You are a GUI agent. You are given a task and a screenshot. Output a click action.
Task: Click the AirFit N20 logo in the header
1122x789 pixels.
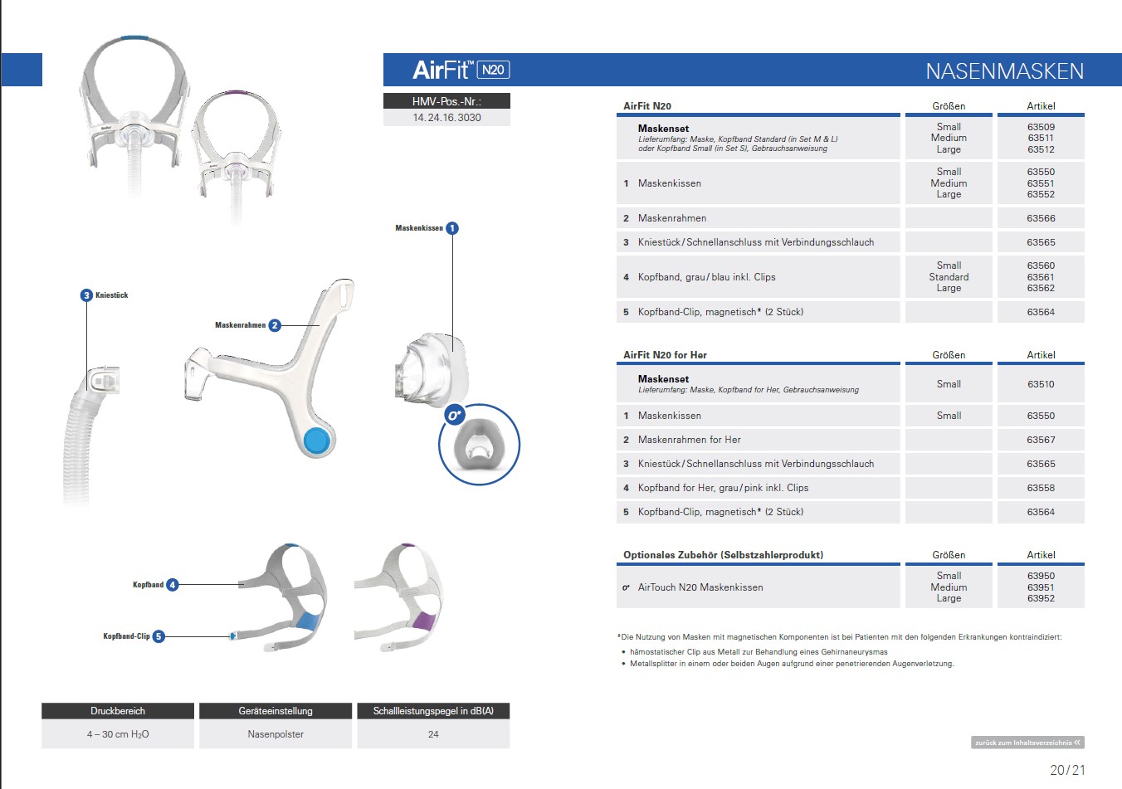click(461, 70)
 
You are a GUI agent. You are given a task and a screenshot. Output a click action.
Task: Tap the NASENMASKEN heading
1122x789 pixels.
click(1004, 71)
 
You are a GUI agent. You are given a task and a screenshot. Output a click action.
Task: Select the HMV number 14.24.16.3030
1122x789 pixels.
click(446, 118)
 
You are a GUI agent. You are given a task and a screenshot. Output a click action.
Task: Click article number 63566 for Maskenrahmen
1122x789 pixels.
click(1041, 218)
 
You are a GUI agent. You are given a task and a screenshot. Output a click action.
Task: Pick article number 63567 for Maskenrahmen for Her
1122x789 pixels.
click(1041, 440)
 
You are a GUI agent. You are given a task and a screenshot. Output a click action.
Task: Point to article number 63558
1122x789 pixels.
click(1041, 488)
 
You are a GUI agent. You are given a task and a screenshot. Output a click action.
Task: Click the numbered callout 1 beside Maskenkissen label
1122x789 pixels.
click(452, 228)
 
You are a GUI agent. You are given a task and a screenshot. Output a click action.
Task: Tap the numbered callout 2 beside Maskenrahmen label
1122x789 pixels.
click(275, 325)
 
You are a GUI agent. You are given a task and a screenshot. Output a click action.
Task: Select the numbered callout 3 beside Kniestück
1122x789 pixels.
click(86, 295)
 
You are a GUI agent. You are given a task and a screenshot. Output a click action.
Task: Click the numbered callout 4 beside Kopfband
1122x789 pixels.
click(173, 585)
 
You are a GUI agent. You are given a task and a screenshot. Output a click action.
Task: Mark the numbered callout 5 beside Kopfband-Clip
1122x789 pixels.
click(159, 636)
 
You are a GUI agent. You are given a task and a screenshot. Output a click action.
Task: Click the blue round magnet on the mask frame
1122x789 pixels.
click(317, 441)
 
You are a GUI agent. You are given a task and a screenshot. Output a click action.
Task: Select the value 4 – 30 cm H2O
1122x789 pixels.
click(118, 734)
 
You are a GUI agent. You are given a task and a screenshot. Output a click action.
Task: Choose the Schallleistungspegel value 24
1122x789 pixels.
click(433, 734)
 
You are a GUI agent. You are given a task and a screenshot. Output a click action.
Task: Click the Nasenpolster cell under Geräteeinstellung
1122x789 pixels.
click(276, 734)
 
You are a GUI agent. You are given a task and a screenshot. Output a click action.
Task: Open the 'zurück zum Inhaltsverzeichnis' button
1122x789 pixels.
click(1027, 743)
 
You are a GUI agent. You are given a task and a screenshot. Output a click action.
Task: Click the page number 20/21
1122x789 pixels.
click(1067, 770)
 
